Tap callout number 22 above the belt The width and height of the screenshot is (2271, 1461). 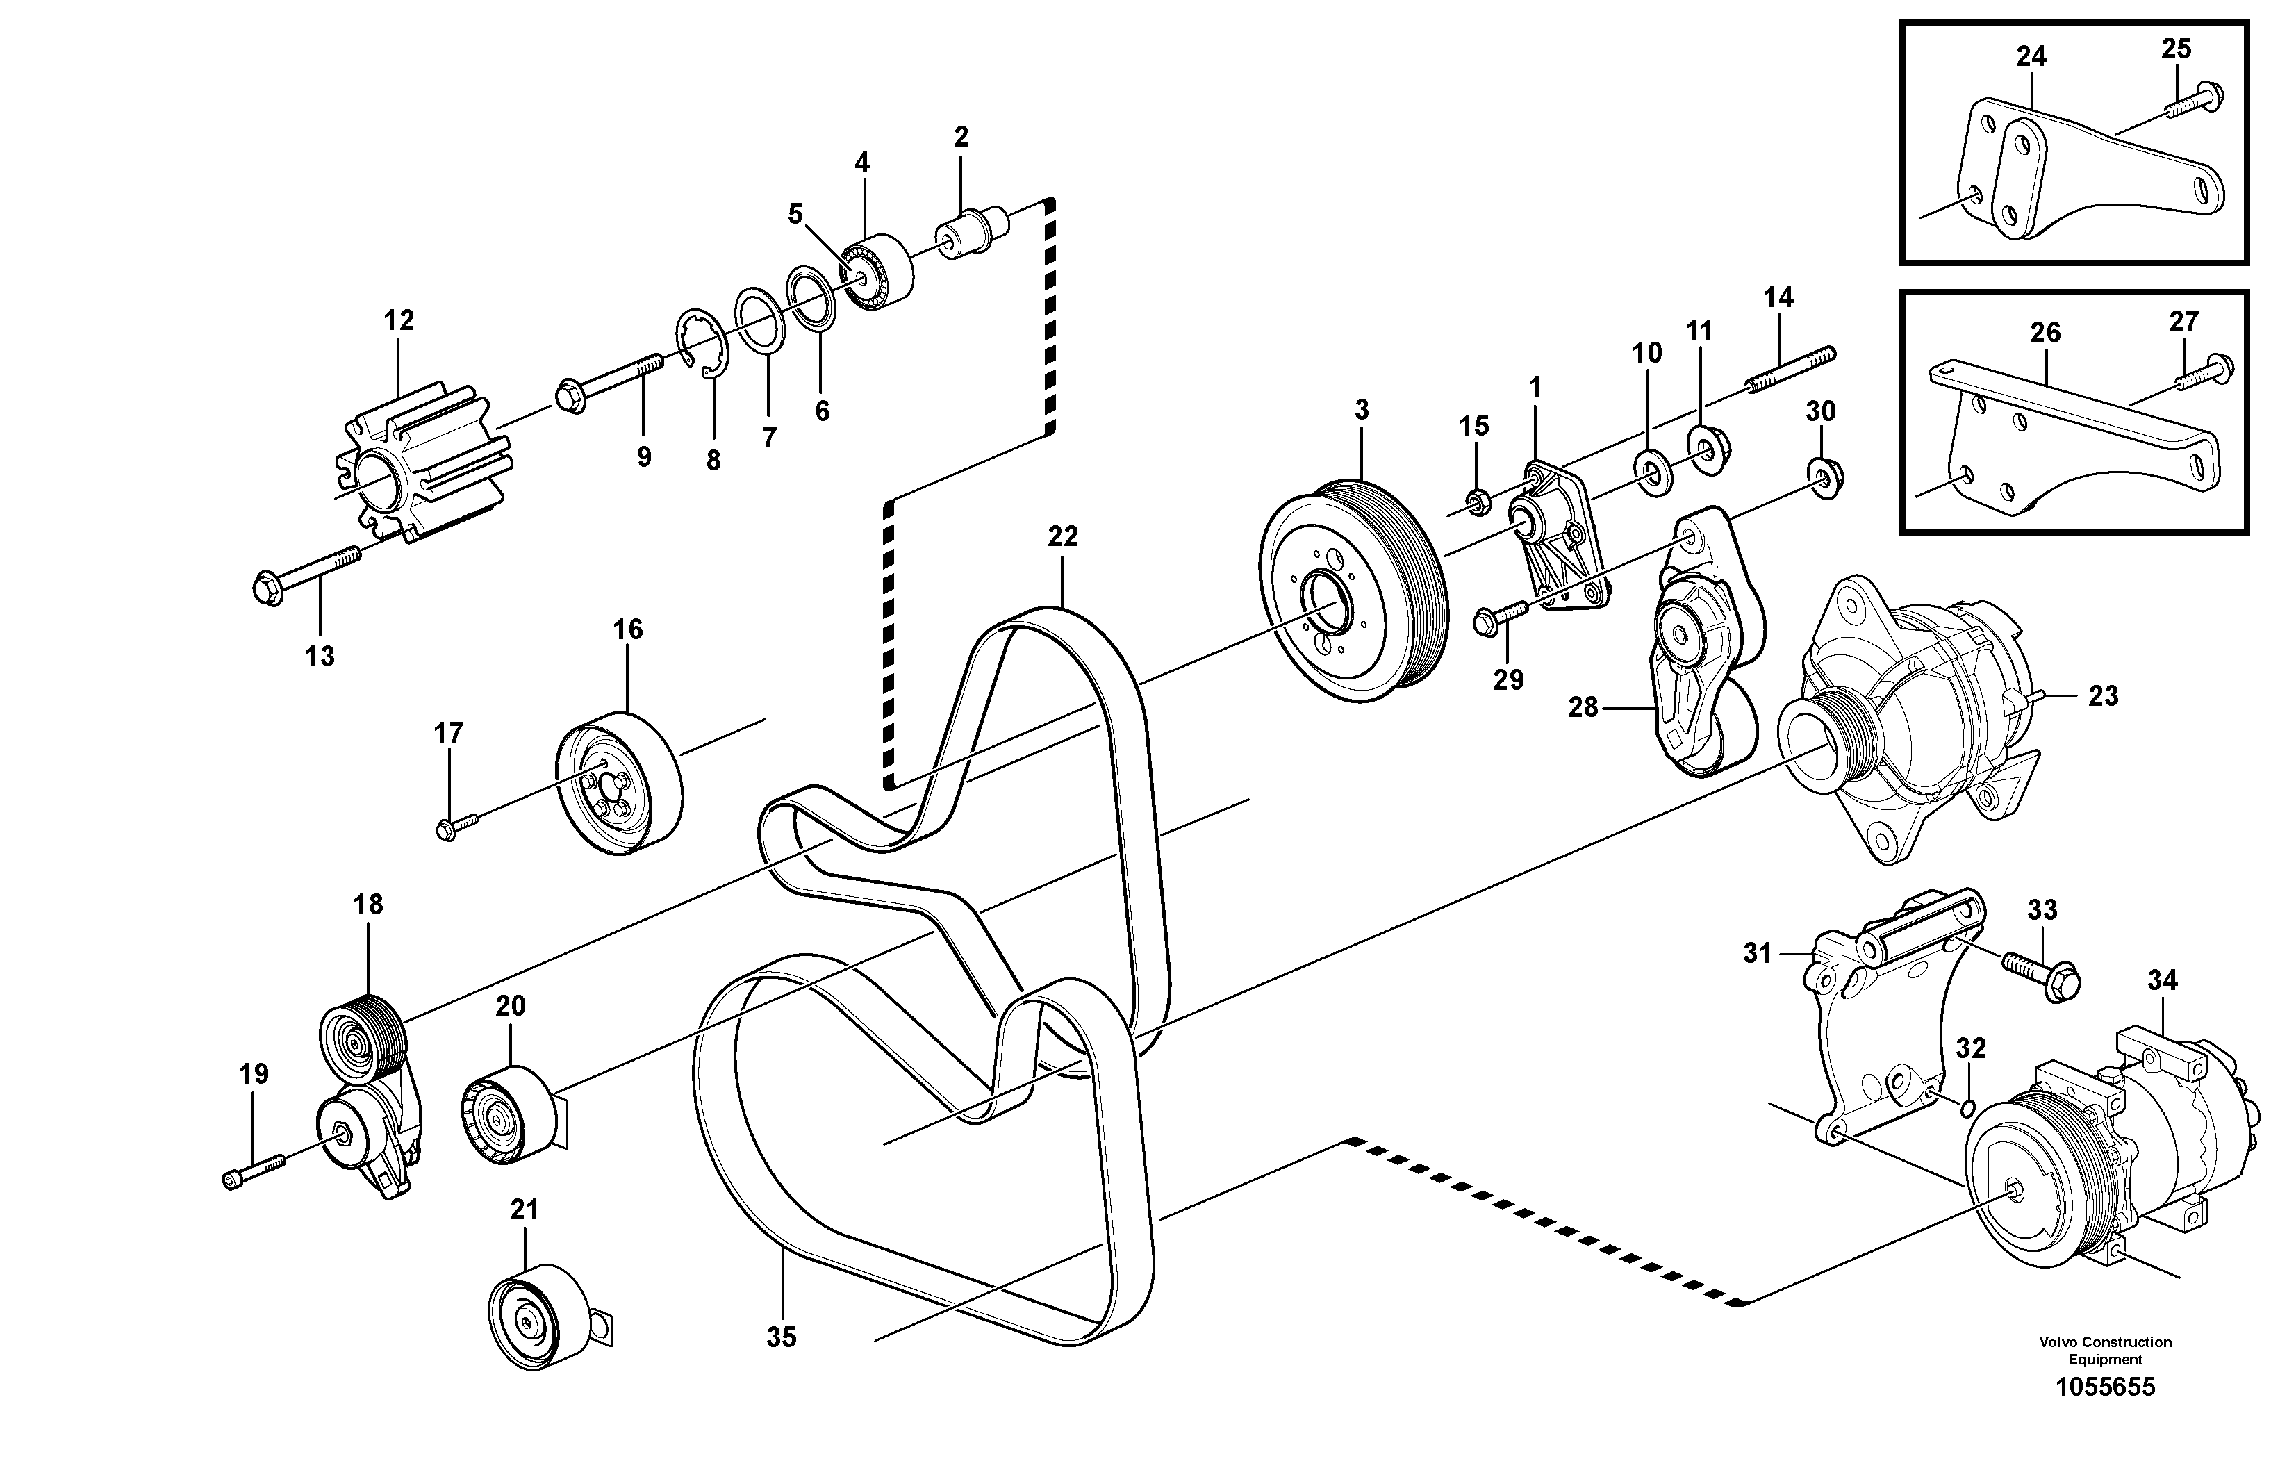(x=1062, y=537)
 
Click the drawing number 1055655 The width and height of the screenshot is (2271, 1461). (x=2105, y=1387)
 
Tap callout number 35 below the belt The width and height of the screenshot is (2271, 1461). (x=781, y=1337)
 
